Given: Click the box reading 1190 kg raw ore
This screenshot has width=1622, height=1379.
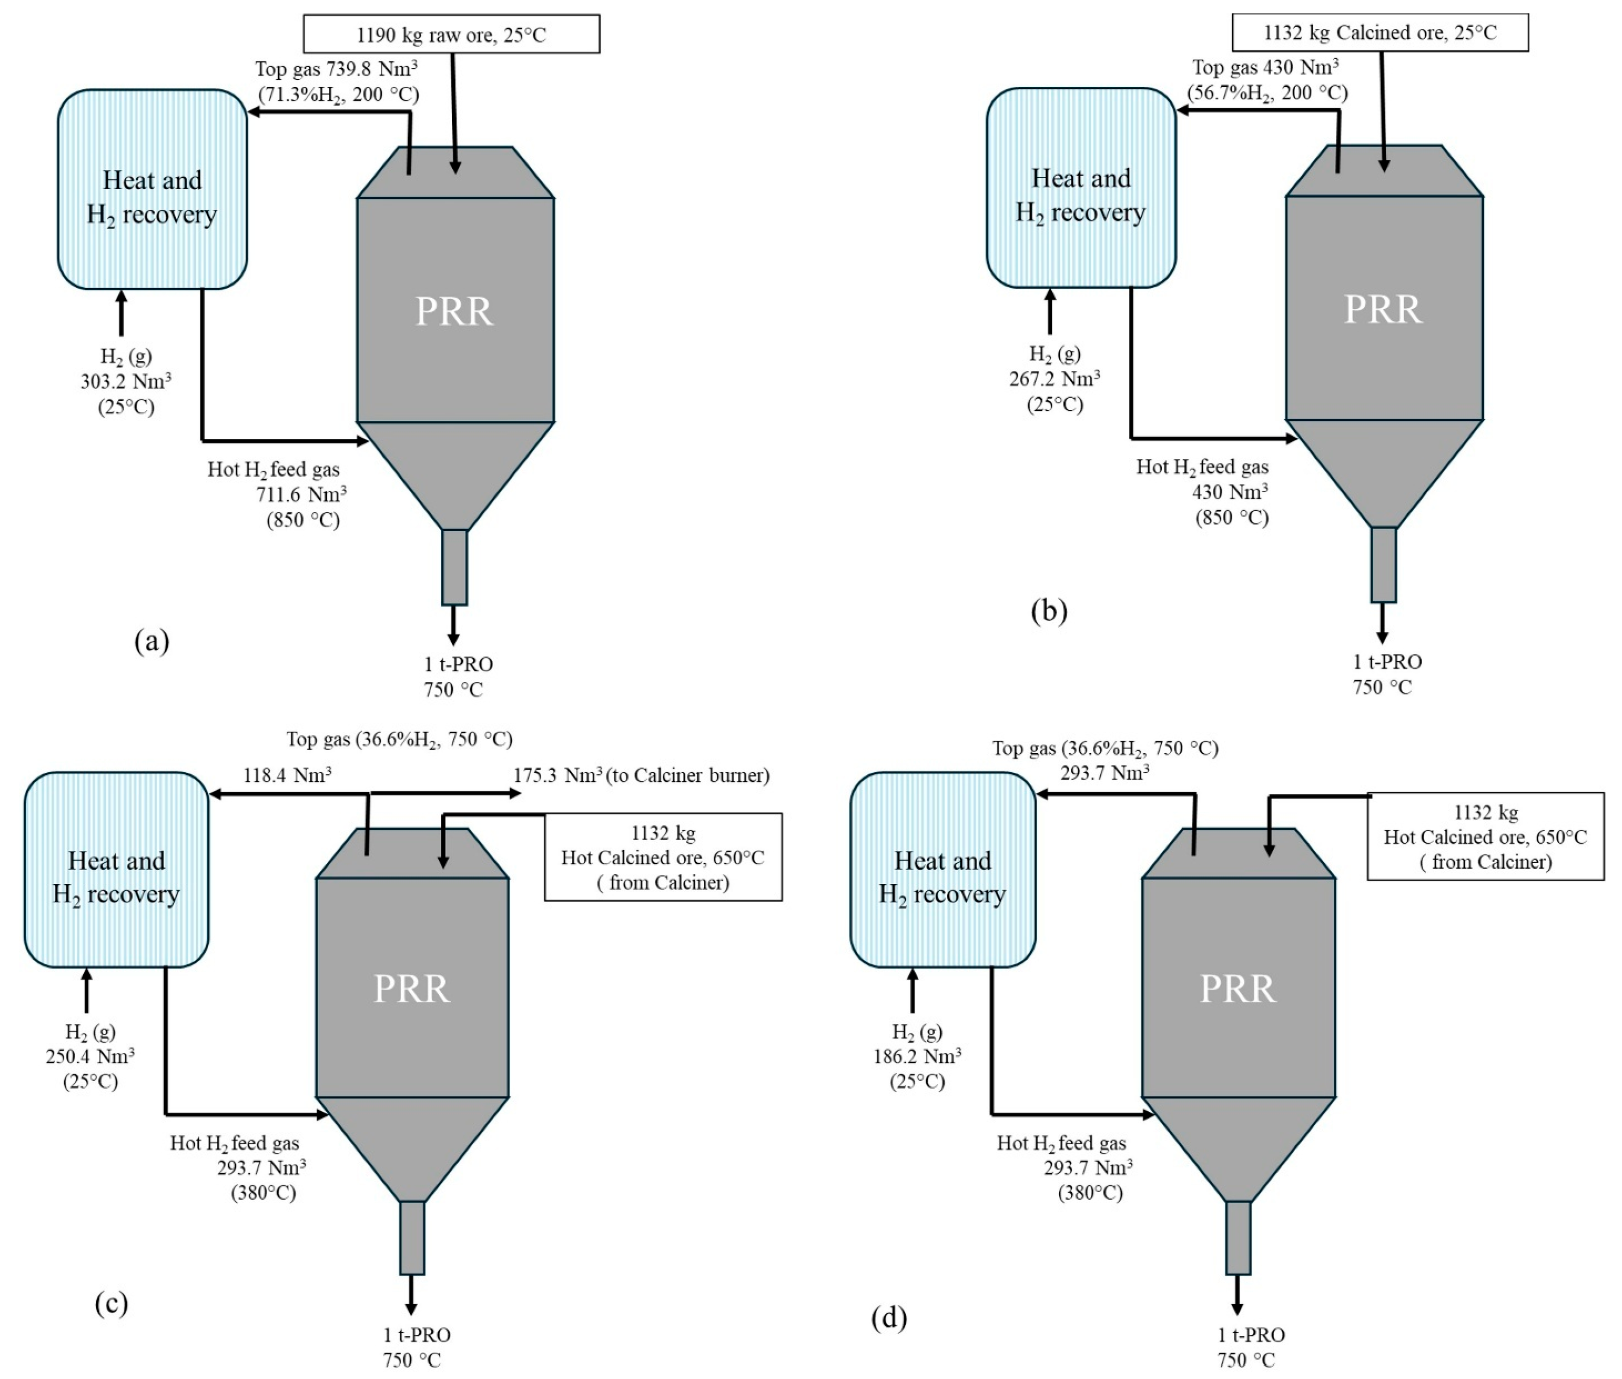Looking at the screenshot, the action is (451, 33).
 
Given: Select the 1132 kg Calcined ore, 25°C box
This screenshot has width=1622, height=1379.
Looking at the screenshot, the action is (1379, 32).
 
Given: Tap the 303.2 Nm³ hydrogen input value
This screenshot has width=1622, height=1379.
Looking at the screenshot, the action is (126, 382).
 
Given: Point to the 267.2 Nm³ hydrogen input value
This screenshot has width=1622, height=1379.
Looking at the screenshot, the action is (1054, 379).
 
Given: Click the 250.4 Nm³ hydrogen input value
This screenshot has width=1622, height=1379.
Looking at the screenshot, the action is (90, 1056).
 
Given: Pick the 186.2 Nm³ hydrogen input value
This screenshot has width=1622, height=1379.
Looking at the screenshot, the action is (917, 1056).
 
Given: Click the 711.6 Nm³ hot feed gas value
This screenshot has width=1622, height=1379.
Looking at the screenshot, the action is (301, 495).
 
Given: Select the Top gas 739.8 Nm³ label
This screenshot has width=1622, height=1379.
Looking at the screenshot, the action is (336, 69).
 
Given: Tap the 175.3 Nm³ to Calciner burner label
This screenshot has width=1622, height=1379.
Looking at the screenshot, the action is (641, 775).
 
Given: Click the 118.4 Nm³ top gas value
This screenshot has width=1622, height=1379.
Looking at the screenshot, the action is (287, 775).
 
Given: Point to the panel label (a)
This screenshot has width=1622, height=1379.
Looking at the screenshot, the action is (152, 641).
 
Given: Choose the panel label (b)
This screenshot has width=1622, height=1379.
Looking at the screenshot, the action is (1049, 610).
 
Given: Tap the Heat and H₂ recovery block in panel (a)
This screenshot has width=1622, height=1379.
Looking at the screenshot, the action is (153, 189).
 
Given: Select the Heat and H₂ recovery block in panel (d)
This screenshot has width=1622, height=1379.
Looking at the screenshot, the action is (943, 869).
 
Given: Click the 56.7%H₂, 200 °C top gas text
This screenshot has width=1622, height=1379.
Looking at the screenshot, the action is (1267, 93).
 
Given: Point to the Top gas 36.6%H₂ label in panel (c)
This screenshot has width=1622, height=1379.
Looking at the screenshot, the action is (399, 739).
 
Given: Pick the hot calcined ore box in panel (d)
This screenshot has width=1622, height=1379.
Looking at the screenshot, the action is (1485, 836).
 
